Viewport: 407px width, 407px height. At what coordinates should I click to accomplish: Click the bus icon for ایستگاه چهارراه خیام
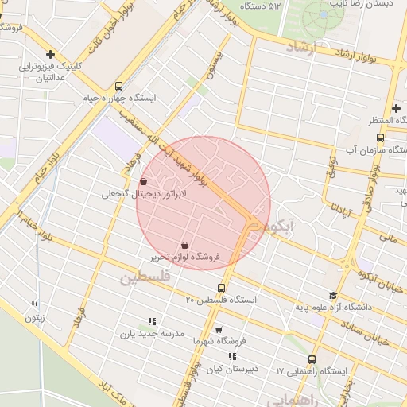119,86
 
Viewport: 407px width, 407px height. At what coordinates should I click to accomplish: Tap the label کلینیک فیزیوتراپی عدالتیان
52,73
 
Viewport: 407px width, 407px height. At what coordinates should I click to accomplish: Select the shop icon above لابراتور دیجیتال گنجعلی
143,182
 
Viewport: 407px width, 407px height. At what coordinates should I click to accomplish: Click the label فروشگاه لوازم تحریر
185,258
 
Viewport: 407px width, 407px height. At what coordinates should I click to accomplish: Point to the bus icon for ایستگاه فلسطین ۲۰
221,288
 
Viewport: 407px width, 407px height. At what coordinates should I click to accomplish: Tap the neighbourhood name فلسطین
145,279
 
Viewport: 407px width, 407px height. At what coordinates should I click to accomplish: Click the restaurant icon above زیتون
34,305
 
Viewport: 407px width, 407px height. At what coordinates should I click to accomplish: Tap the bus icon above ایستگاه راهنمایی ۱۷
312,359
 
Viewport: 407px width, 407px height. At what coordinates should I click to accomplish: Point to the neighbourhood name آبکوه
281,227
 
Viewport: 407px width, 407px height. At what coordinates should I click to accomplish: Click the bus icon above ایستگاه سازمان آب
379,138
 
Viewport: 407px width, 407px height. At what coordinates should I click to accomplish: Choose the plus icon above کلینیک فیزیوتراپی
51,55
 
